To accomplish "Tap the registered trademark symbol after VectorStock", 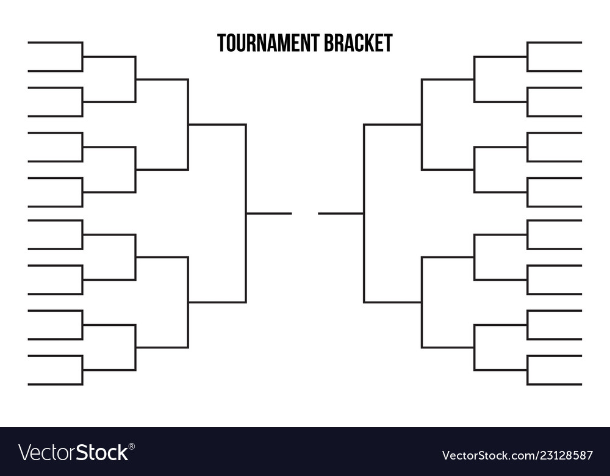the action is (132, 446).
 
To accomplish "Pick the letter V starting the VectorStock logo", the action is (24, 453).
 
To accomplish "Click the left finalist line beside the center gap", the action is (268, 213).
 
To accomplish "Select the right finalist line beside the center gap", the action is (340, 213).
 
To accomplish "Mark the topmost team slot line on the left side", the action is (55, 42).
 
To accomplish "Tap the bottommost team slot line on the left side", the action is (55, 384).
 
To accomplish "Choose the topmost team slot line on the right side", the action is (554, 42).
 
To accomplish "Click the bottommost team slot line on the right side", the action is (554, 384).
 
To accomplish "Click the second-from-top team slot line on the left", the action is (55, 71).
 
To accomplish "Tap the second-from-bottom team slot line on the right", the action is (554, 355).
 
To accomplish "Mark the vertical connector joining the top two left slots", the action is (82, 56).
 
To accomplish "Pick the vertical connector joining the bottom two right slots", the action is (527, 370).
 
